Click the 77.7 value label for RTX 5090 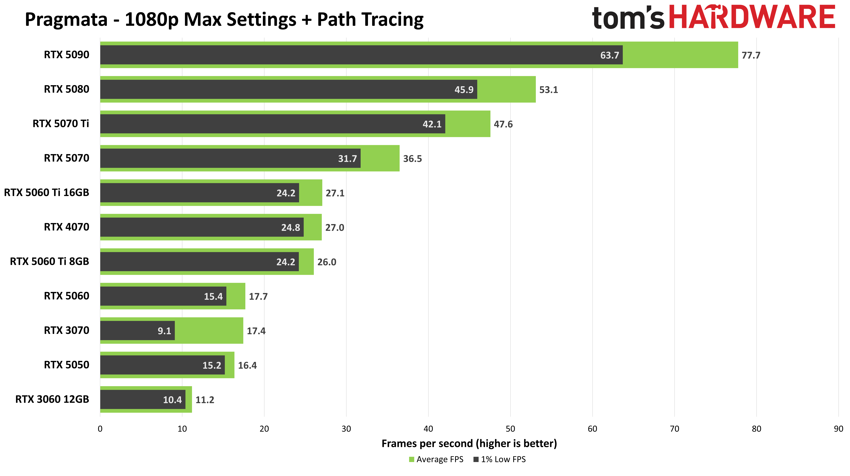point(751,55)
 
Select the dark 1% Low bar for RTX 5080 point(288,89)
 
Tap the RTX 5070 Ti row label point(61,124)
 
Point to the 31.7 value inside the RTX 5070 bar point(347,159)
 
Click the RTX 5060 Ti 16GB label point(47,193)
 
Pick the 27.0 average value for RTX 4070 point(335,228)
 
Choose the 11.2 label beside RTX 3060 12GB point(205,400)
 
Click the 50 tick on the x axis point(510,429)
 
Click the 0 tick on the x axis point(100,429)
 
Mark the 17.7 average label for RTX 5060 point(258,297)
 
